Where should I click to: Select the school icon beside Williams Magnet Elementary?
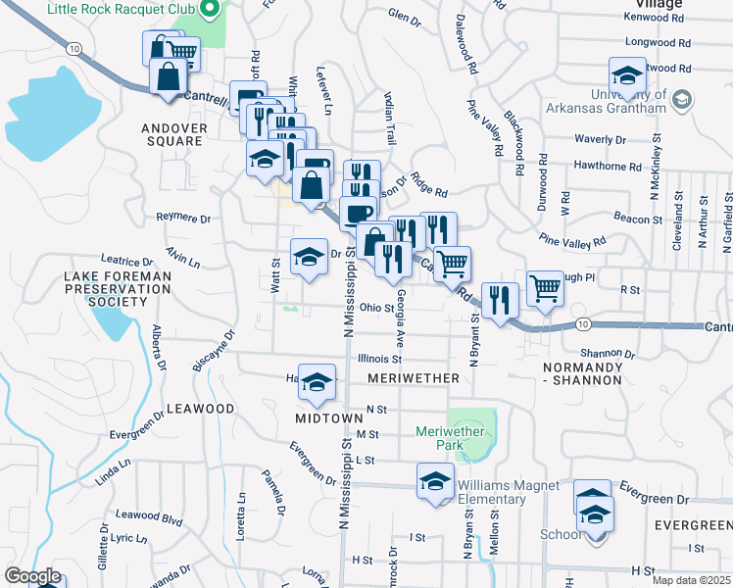[x=435, y=481]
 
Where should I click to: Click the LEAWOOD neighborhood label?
[x=200, y=409]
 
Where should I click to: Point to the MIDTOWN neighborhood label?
[x=329, y=418]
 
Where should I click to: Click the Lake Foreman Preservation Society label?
[x=117, y=289]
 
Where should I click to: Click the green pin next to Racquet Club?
[x=208, y=12]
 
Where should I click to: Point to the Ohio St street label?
[x=376, y=308]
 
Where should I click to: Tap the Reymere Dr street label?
[x=183, y=218]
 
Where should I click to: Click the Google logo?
[x=32, y=576]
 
